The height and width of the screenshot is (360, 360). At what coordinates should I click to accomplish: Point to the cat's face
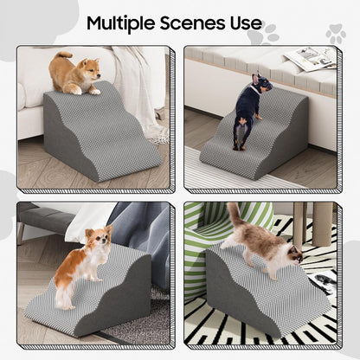coord(292,254)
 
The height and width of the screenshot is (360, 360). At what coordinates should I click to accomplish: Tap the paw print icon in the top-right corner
coord(336,34)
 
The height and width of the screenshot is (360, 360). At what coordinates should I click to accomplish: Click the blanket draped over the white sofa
coord(138,87)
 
